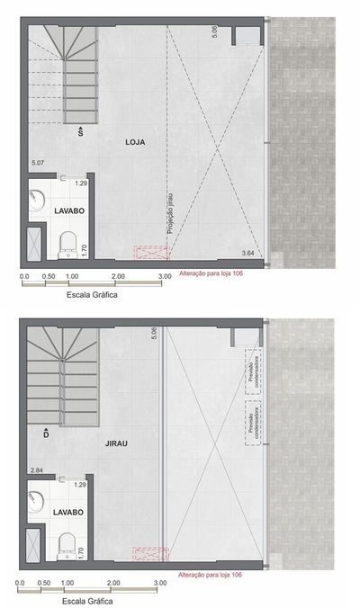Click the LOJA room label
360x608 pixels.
(135, 142)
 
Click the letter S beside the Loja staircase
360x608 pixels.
(81, 132)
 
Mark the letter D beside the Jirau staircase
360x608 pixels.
(46, 434)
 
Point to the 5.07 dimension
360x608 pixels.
(38, 163)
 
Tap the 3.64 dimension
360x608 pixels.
(247, 254)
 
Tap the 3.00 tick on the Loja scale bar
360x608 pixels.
(165, 277)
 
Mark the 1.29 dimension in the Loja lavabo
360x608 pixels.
(80, 183)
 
